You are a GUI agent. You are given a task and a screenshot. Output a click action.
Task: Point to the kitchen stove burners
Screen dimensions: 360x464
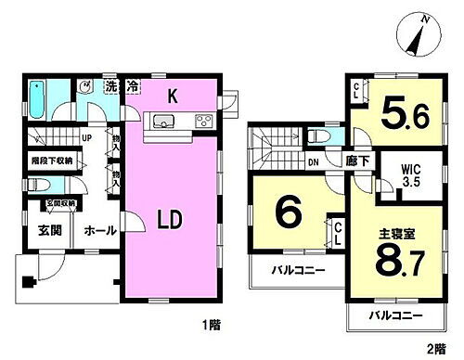pyautogui.click(x=201, y=121)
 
